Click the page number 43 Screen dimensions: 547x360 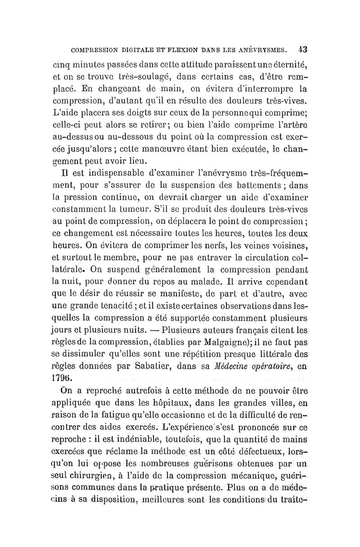302,49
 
